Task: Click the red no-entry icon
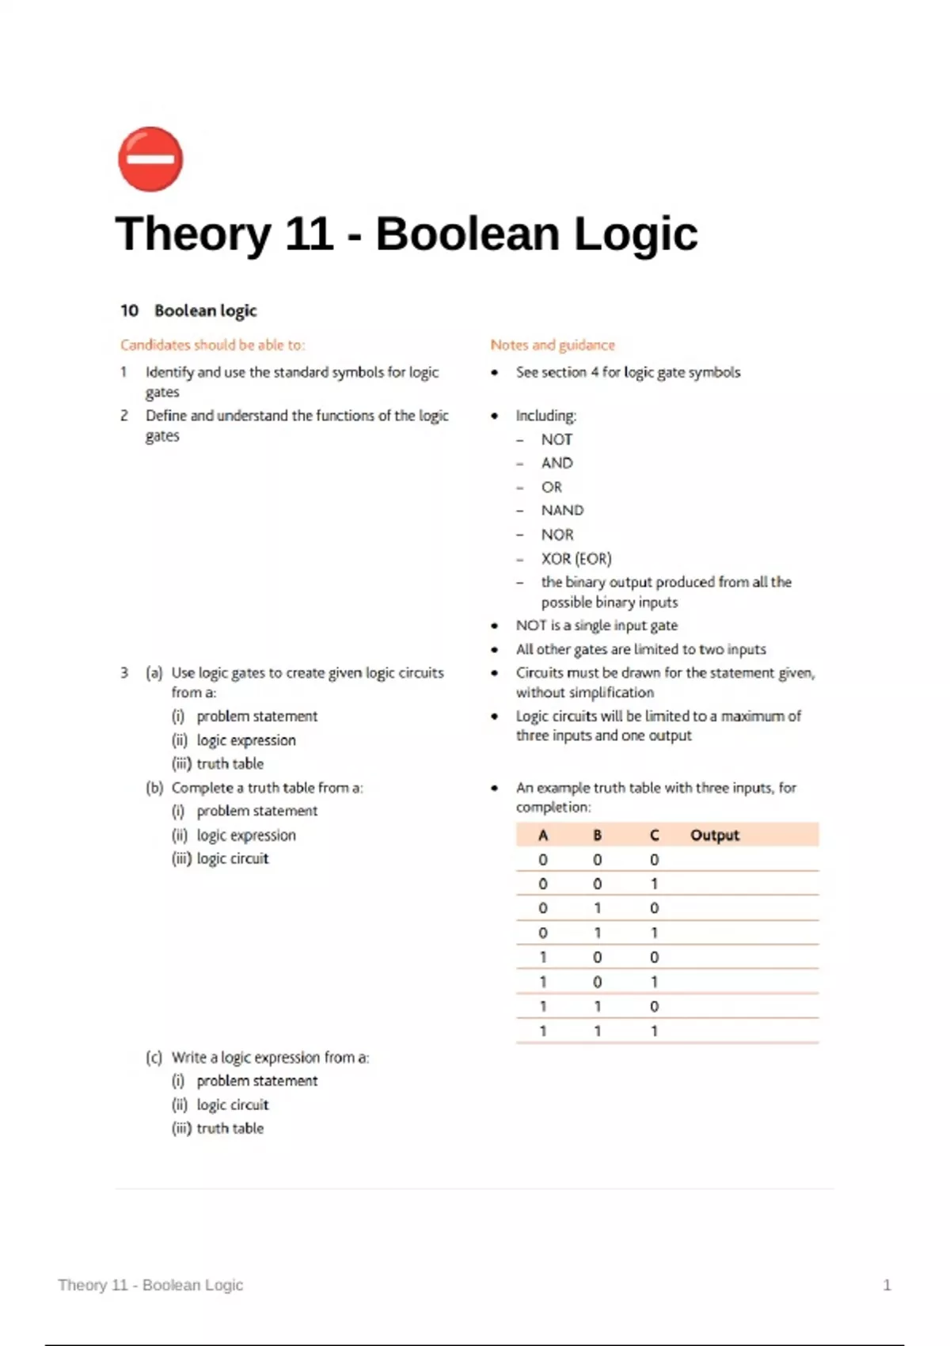pos(150,158)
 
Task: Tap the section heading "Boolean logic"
pos(206,310)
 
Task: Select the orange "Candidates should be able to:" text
pos(212,344)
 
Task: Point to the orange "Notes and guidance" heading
pos(553,344)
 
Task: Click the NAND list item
pos(562,511)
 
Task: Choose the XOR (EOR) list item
pos(576,558)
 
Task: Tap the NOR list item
pos(557,534)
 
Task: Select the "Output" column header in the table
pos(715,835)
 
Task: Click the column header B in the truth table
pos(598,835)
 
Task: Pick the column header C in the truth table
pos(654,835)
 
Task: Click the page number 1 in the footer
pos(887,1284)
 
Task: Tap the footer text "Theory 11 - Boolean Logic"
pos(150,1284)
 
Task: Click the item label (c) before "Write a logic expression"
pos(154,1057)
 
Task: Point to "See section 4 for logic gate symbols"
pos(628,372)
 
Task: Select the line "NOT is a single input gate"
pos(596,625)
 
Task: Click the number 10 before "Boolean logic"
pos(129,310)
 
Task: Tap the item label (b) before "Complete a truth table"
pos(154,788)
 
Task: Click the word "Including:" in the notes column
pos(546,416)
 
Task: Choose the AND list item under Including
pos(557,463)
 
